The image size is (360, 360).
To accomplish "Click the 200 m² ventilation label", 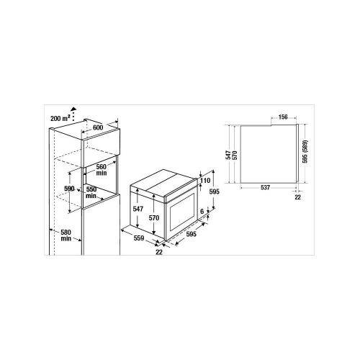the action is (60, 118).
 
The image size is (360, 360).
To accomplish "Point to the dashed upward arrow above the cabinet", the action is (74, 114).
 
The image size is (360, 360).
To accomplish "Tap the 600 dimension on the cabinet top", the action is (98, 127).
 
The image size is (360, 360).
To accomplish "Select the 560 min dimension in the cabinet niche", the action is (102, 169).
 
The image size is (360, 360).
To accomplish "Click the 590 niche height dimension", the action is (69, 189).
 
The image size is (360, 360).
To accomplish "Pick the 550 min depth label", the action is (91, 192).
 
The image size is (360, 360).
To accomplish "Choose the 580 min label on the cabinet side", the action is (66, 235).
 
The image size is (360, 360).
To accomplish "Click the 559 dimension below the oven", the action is (139, 238).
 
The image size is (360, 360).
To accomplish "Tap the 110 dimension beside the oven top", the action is (205, 181).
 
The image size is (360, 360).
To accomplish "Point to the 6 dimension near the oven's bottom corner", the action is (202, 212).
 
